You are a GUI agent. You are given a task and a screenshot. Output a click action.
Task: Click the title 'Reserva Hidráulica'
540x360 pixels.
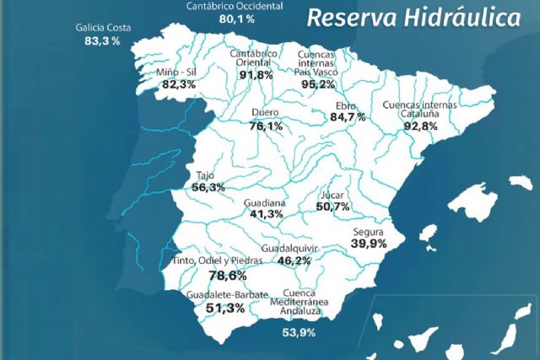pyautogui.click(x=413, y=18)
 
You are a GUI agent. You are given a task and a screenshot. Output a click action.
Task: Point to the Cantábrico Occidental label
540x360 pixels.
pyautogui.click(x=235, y=5)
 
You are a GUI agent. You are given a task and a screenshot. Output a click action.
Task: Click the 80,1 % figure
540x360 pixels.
pyautogui.click(x=236, y=18)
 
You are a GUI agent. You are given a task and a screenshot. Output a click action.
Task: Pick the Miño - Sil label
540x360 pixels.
pyautogui.click(x=179, y=72)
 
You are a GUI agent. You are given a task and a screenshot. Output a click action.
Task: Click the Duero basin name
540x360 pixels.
pyautogui.click(x=266, y=113)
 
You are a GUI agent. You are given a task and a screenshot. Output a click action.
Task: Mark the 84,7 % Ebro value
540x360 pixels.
pyautogui.click(x=346, y=116)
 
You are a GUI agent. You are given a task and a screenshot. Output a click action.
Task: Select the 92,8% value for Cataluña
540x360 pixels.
pyautogui.click(x=420, y=126)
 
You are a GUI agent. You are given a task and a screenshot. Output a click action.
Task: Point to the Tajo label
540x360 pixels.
pyautogui.click(x=204, y=175)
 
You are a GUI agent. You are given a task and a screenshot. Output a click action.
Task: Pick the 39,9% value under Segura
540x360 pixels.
pyautogui.click(x=369, y=243)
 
